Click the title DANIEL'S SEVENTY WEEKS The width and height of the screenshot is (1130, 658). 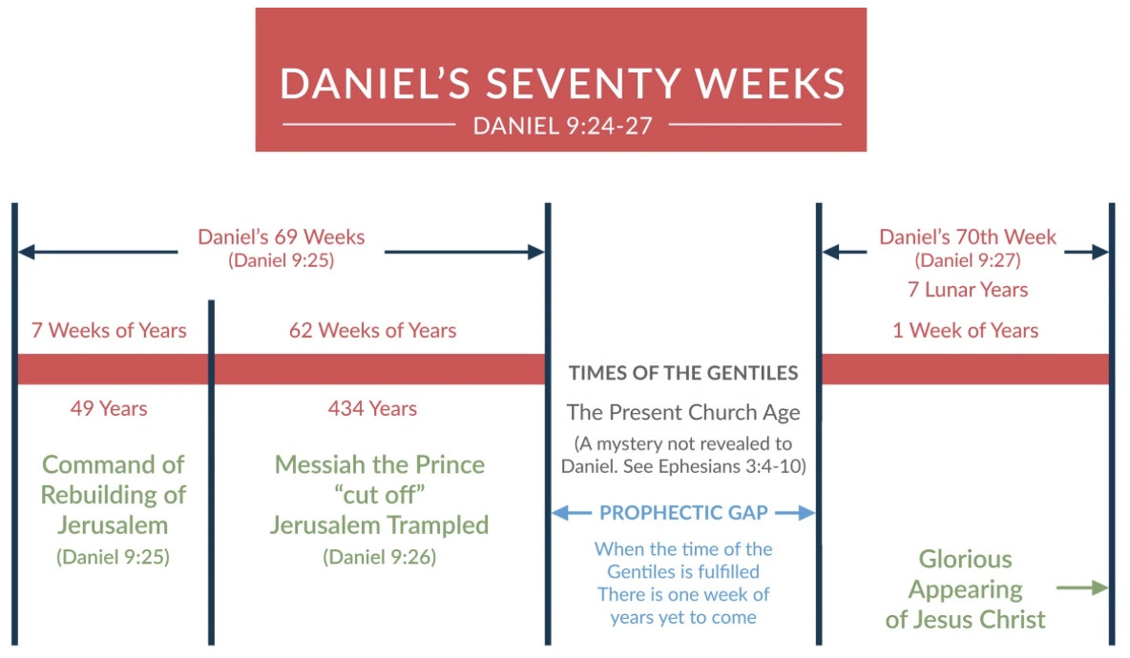coord(562,83)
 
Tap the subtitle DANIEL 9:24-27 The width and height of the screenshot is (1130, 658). coord(562,126)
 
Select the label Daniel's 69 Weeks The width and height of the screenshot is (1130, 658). coord(281,236)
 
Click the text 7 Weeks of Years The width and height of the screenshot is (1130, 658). coord(109,331)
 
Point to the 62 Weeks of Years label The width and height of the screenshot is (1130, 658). coord(372,331)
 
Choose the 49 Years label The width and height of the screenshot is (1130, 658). coord(109,408)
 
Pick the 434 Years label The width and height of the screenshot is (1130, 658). coord(372,408)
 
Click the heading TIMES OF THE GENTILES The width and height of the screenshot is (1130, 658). coord(683,373)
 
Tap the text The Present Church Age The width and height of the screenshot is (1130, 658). coord(683,413)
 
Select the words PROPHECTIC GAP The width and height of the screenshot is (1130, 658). coord(683,513)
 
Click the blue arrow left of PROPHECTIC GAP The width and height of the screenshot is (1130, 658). coord(572,513)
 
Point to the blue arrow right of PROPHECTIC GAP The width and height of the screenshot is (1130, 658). coord(795,513)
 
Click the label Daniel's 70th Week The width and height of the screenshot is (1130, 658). coord(967,236)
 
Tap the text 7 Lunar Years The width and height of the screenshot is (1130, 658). coord(967,289)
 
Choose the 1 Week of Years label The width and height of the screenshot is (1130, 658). coord(966,331)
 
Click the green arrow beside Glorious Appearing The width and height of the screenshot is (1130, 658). coord(1082,588)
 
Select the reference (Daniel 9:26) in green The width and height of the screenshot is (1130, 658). coord(379,557)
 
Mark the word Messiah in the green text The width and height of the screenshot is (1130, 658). coord(320,464)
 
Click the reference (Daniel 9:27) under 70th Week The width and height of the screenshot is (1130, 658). coord(967,260)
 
